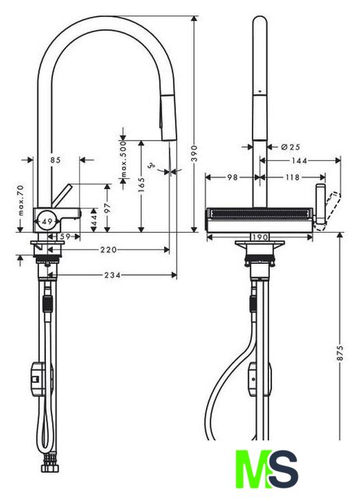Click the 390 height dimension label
click(194, 153)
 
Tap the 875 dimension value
click(340, 352)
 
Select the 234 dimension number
click(113, 275)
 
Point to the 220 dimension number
click(109, 250)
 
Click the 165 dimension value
click(142, 184)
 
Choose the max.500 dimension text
click(123, 159)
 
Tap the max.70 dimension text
click(21, 201)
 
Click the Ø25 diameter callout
click(291, 147)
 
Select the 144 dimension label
click(299, 161)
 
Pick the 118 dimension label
click(292, 177)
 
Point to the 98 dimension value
click(232, 177)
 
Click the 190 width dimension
click(260, 237)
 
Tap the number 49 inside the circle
click(47, 221)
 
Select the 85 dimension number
click(55, 160)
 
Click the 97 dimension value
click(107, 208)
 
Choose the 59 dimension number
click(65, 237)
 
